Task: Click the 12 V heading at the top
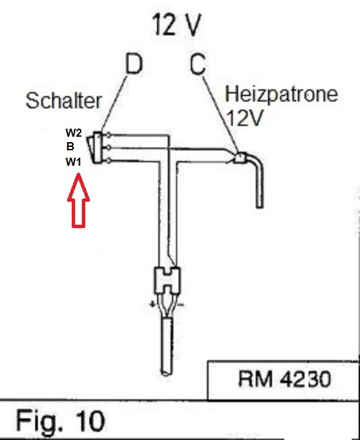(x=177, y=24)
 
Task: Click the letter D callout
(x=134, y=64)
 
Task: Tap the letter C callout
(x=198, y=64)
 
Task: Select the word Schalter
(x=64, y=100)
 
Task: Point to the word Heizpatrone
(x=282, y=94)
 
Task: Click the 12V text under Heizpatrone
(x=244, y=118)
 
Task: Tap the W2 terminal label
(x=74, y=133)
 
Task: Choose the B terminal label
(x=70, y=146)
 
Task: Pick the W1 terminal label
(x=74, y=162)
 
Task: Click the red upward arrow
(x=78, y=200)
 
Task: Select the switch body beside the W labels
(x=95, y=148)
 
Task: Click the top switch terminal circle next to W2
(x=108, y=135)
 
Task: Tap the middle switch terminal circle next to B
(x=108, y=148)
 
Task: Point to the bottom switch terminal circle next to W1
(x=108, y=161)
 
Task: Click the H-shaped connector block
(x=167, y=280)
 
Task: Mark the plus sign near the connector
(x=152, y=304)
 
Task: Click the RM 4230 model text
(x=284, y=379)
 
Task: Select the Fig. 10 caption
(x=60, y=420)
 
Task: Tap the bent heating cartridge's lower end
(x=260, y=206)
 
